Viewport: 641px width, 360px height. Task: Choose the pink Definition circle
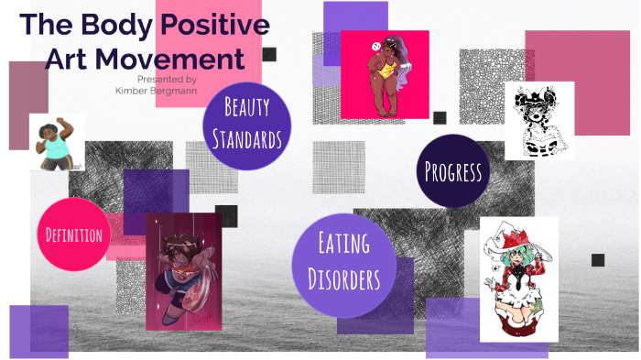(75, 235)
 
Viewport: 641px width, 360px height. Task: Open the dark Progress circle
(452, 171)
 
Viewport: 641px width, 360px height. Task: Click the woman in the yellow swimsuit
(385, 75)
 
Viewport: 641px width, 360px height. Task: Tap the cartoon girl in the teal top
(57, 142)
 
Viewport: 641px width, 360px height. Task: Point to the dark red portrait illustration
(183, 271)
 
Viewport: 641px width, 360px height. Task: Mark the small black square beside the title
(269, 54)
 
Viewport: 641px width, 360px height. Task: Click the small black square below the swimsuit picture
(440, 117)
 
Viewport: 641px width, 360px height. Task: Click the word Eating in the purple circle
(343, 244)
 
